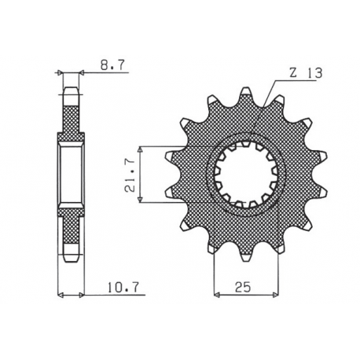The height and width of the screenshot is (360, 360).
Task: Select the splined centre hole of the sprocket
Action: coord(247,174)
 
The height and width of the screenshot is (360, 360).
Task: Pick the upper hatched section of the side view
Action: coord(71,118)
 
